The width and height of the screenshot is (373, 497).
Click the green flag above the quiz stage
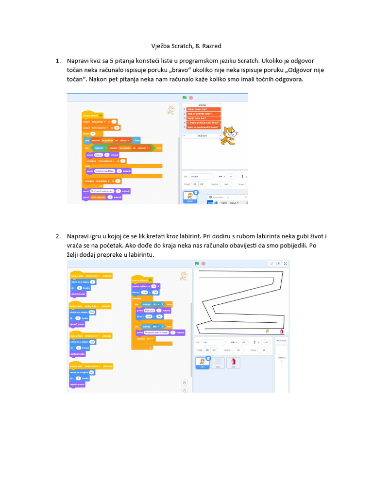tap(185, 98)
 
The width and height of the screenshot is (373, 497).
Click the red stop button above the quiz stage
tap(191, 98)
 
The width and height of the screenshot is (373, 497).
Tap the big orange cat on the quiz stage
tap(228, 136)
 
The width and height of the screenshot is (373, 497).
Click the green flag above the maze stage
tap(197, 263)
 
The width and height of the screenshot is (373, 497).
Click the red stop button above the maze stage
tap(203, 263)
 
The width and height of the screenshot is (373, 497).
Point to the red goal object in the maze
tap(282, 331)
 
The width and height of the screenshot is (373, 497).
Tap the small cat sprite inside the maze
tap(267, 331)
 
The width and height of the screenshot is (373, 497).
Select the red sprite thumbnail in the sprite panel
tap(234, 362)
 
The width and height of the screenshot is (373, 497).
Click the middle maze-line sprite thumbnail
tap(218, 362)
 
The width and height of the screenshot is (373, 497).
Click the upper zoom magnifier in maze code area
tap(185, 382)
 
